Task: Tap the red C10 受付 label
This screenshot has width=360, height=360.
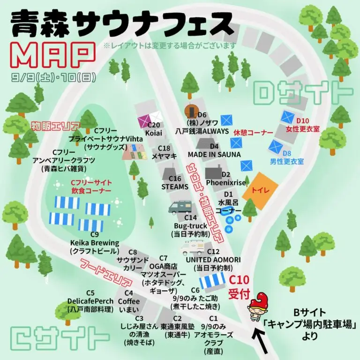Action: [239, 287]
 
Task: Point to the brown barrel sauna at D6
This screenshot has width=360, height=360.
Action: [191, 111]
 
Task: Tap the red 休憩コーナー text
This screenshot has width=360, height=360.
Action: [254, 133]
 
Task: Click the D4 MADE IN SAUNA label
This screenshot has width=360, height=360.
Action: [214, 150]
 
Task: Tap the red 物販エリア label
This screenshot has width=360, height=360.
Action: [55, 126]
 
